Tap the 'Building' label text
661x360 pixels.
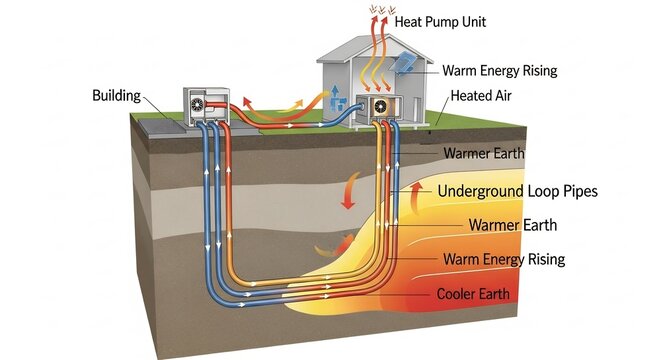coord(117,96)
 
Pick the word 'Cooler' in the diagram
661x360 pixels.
coord(455,294)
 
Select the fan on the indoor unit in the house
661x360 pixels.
coord(380,107)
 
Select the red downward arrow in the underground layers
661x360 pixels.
coord(348,190)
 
